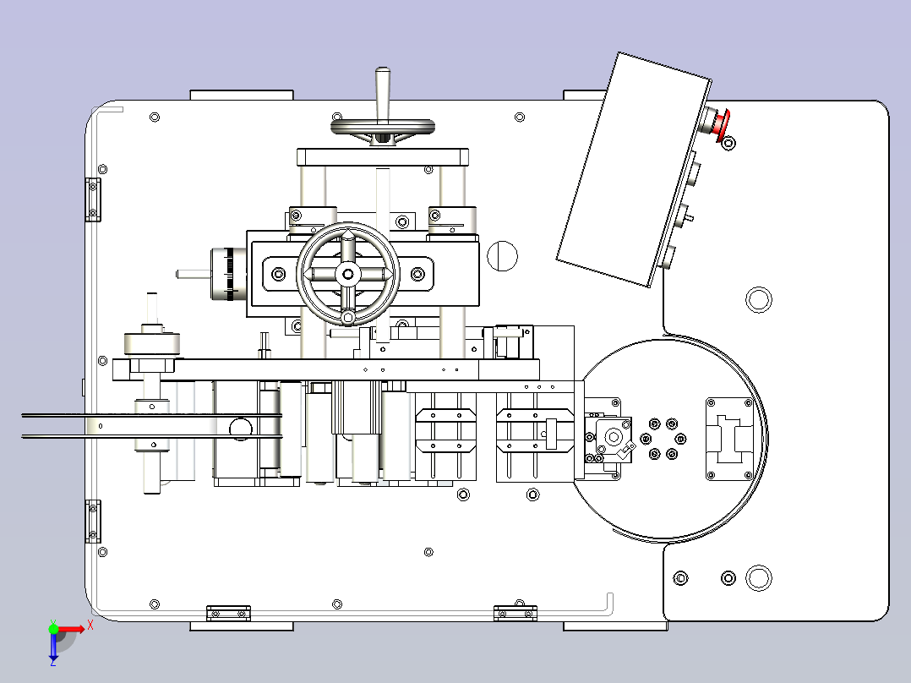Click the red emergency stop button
click(x=722, y=123)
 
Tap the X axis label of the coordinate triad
click(x=90, y=626)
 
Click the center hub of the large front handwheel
click(x=348, y=274)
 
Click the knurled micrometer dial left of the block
click(x=228, y=275)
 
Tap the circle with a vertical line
click(x=502, y=256)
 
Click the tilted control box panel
click(x=633, y=169)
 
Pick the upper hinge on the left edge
click(x=93, y=200)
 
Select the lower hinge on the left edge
click(x=93, y=522)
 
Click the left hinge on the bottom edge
click(x=228, y=613)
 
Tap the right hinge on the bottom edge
click(x=516, y=613)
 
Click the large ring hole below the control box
click(x=758, y=300)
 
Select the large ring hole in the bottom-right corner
click(x=758, y=578)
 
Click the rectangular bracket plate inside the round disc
click(x=730, y=439)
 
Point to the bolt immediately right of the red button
click(x=728, y=142)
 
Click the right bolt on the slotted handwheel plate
click(x=417, y=274)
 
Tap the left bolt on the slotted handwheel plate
click(x=278, y=274)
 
